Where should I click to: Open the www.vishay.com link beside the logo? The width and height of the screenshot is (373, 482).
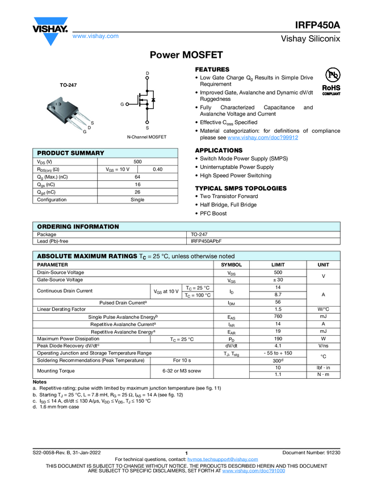95,36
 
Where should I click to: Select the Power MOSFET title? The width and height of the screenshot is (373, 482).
186,55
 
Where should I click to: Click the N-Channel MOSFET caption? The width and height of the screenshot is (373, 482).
146,137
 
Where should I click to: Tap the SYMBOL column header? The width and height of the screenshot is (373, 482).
231,265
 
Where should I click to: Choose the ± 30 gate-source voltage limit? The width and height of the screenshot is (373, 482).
278,280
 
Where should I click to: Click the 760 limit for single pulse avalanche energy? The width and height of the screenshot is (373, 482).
278,316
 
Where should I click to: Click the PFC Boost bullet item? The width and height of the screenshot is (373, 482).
213,213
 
